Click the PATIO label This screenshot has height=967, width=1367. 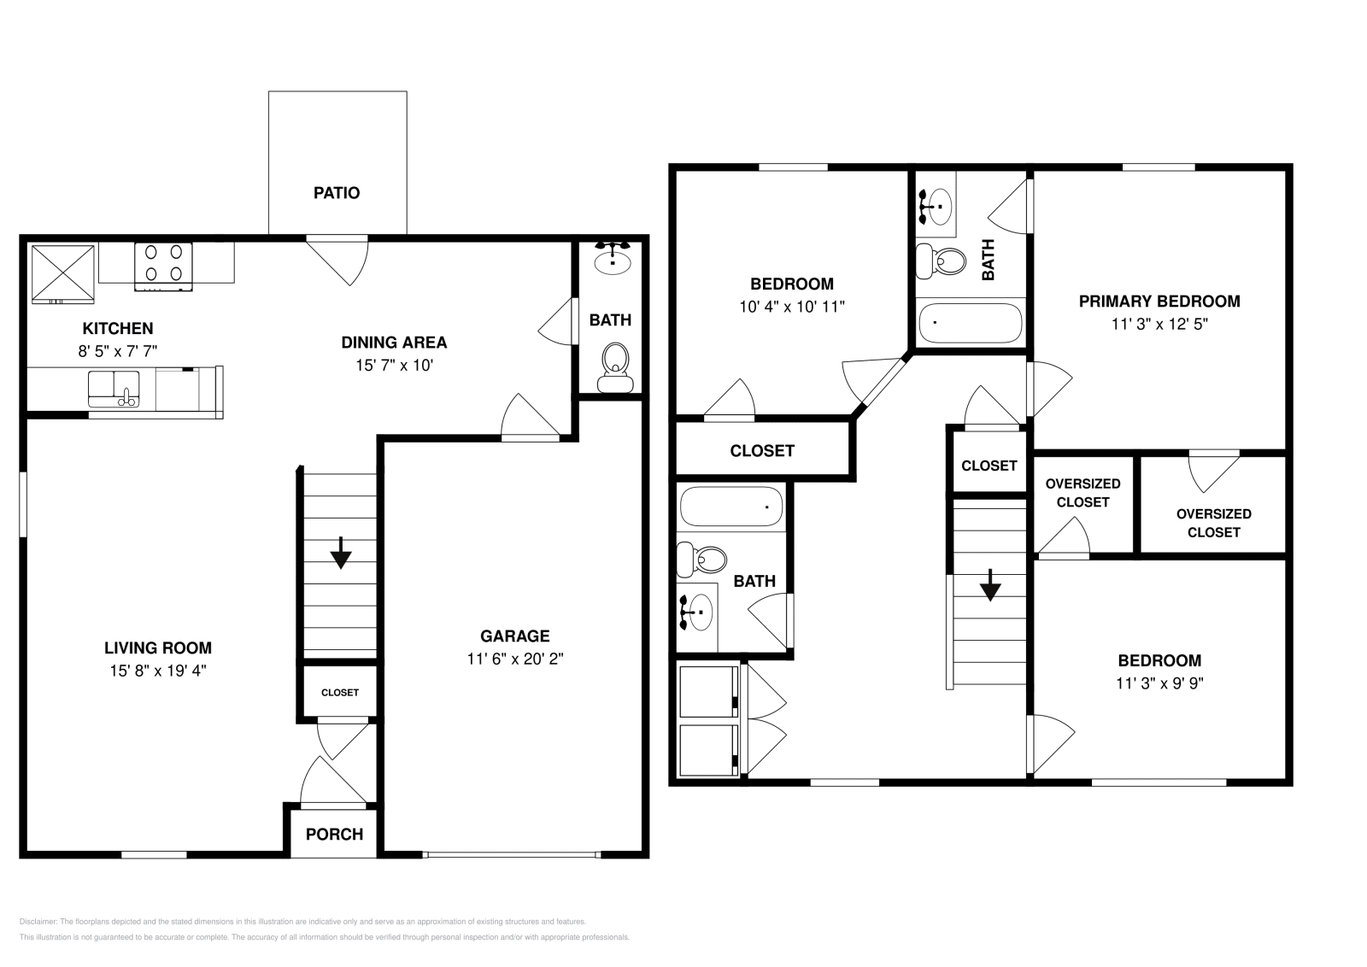[337, 193]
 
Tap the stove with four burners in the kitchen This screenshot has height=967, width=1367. [163, 263]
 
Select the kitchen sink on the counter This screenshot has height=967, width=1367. [114, 390]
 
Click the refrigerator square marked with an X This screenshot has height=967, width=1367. [63, 273]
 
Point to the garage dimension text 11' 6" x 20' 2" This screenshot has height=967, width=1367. [514, 659]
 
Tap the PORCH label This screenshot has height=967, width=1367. [334, 834]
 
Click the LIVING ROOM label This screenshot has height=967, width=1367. [158, 648]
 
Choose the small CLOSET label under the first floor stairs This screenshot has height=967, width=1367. [340, 692]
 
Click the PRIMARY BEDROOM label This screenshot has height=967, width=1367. [1159, 301]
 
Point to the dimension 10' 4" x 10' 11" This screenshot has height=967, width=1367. [792, 307]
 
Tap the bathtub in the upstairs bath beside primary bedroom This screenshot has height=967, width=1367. [971, 323]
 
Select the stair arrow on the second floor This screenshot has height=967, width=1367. [990, 585]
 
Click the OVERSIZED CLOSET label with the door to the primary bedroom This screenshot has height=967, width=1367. [1213, 522]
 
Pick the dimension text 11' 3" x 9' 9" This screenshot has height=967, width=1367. [1159, 683]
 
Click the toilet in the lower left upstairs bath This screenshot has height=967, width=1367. [702, 560]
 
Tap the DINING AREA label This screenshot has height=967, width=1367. [394, 343]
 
